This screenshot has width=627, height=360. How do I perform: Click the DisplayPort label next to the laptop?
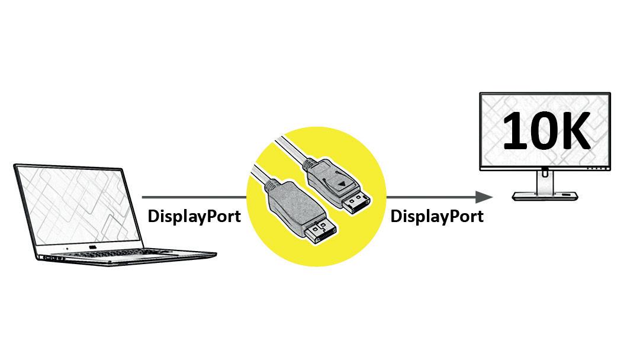point(194,216)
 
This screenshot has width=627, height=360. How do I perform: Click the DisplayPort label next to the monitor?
point(437,216)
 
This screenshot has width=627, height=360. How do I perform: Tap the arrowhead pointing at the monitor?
point(484,197)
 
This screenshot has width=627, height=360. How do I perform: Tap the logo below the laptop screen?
point(92,246)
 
